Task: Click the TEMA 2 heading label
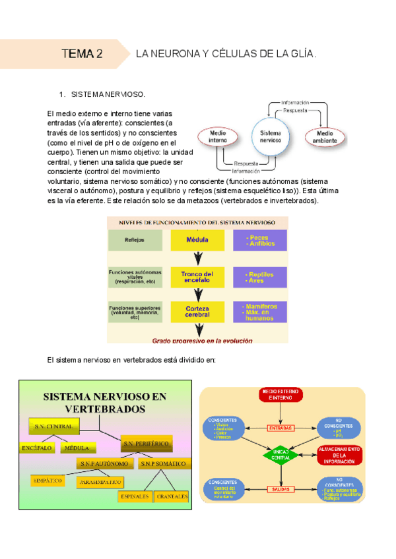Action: point(82,54)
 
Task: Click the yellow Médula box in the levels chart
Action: point(197,240)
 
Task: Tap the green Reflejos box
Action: point(136,240)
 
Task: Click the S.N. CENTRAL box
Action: point(56,427)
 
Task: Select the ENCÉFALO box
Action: point(38,448)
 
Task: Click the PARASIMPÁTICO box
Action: point(99,483)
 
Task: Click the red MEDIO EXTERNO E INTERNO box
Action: point(282,396)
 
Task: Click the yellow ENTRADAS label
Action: point(282,428)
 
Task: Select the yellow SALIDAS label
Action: point(282,488)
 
